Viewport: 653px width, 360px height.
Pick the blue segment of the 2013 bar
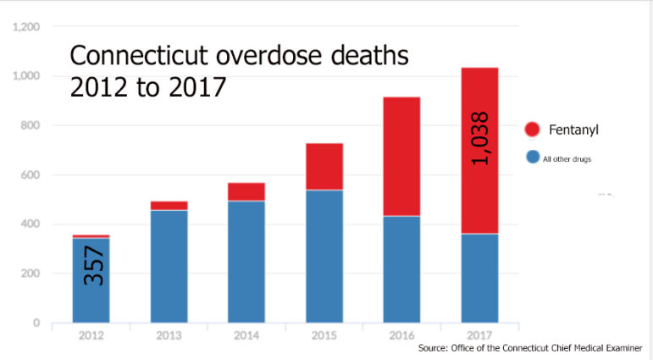[x=169, y=266]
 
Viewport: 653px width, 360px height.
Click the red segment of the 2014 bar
[x=246, y=191]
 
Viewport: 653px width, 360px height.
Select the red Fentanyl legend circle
[x=532, y=130]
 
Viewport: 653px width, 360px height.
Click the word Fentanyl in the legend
[x=574, y=130]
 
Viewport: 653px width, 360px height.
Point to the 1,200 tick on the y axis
[x=26, y=27]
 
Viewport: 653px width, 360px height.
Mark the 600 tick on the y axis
[x=30, y=175]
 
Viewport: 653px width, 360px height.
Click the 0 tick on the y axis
[x=36, y=323]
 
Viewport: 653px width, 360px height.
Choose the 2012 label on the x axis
[x=91, y=335]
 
